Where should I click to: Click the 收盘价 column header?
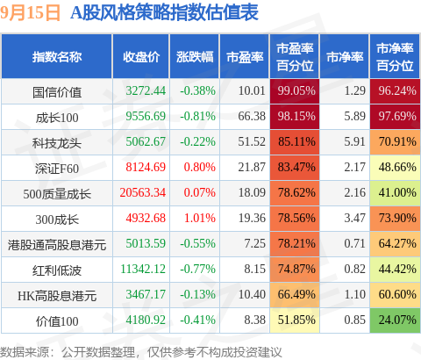coord(141,57)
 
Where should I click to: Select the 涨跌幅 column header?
coord(195,57)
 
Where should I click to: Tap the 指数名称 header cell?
coord(57,57)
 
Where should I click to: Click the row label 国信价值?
coord(57,92)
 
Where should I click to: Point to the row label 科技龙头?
coord(57,143)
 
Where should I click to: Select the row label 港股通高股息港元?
coord(57,245)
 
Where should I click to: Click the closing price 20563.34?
coord(143,193)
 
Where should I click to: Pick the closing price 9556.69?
coord(146,117)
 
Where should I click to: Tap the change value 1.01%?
coord(200,219)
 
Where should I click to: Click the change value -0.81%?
coord(197,117)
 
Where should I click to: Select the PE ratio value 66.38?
coord(252,117)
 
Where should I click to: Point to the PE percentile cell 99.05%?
coord(295,91)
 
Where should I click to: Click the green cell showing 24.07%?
coord(395,320)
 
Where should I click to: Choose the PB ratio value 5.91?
coord(354,142)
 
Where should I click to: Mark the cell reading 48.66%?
coord(395,168)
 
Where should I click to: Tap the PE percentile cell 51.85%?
coord(295,320)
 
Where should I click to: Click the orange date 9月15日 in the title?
coord(30,13)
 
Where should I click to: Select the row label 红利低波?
coord(57,270)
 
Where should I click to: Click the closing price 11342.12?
coord(143,270)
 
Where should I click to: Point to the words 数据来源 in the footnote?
coord(25,352)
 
